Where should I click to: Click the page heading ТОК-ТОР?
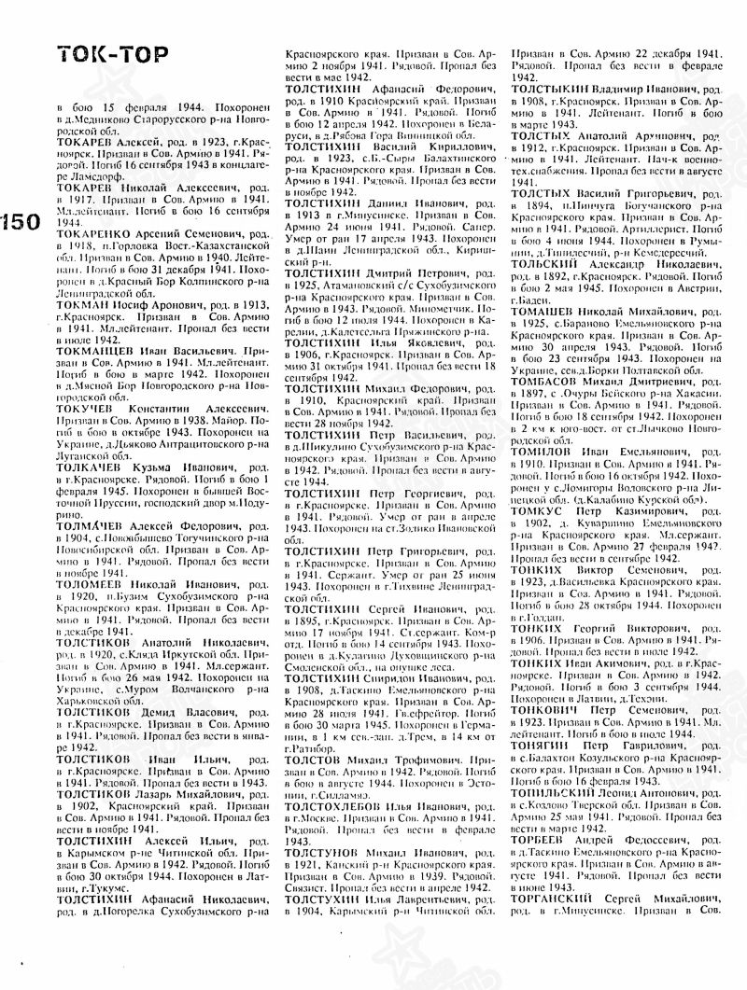[111, 56]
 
